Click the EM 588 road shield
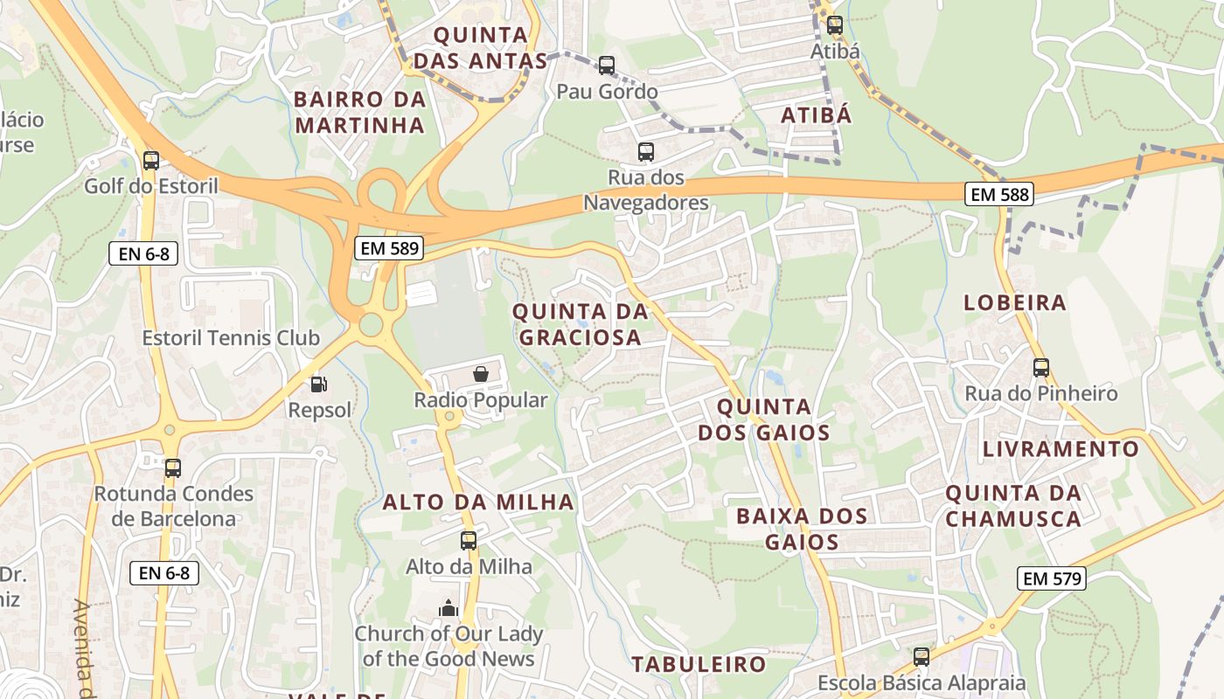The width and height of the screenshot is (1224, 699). [999, 194]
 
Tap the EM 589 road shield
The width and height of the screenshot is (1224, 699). [391, 248]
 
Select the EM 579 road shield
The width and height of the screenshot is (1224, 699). [1052, 578]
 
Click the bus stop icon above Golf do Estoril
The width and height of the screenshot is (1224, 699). [151, 161]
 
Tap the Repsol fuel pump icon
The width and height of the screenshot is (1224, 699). [319, 384]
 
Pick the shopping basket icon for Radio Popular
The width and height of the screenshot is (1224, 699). [480, 375]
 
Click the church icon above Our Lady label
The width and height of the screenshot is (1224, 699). [449, 608]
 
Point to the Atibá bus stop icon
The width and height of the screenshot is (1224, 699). [835, 25]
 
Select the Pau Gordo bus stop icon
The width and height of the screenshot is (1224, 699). [607, 66]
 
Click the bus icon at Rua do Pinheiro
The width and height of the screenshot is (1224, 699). [1040, 368]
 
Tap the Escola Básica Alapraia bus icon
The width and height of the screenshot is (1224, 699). [921, 657]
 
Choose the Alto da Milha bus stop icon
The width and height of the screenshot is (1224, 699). [469, 541]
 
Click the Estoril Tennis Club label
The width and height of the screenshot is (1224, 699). [231, 338]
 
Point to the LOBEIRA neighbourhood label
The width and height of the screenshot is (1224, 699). [1015, 303]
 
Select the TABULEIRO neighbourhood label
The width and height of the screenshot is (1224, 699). [699, 664]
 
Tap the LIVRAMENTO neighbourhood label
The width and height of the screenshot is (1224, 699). [1061, 449]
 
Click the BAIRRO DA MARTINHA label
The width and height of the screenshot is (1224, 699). [359, 112]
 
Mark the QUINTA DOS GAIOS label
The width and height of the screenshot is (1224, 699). [763, 419]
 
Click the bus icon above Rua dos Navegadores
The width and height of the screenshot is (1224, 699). [646, 152]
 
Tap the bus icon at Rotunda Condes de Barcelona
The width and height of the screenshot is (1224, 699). [173, 468]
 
